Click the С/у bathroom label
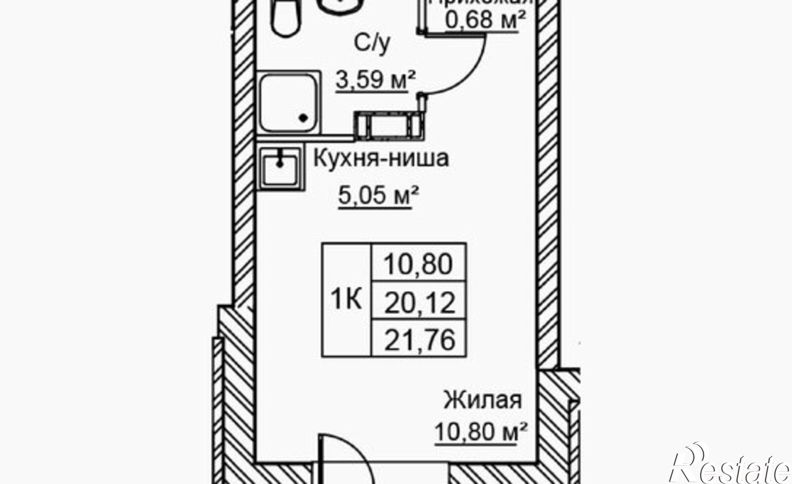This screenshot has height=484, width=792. tap(372, 45)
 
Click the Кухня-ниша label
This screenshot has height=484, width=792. tap(381, 159)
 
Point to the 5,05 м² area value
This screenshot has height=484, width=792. tap(378, 195)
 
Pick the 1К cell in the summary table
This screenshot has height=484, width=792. tap(346, 300)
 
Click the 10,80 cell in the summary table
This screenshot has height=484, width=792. tap(418, 264)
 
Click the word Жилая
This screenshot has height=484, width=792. tap(482, 400)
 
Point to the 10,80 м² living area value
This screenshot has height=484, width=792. tap(481, 431)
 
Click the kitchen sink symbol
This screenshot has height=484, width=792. tap(280, 168)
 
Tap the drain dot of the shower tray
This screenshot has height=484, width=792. tap(304, 118)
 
